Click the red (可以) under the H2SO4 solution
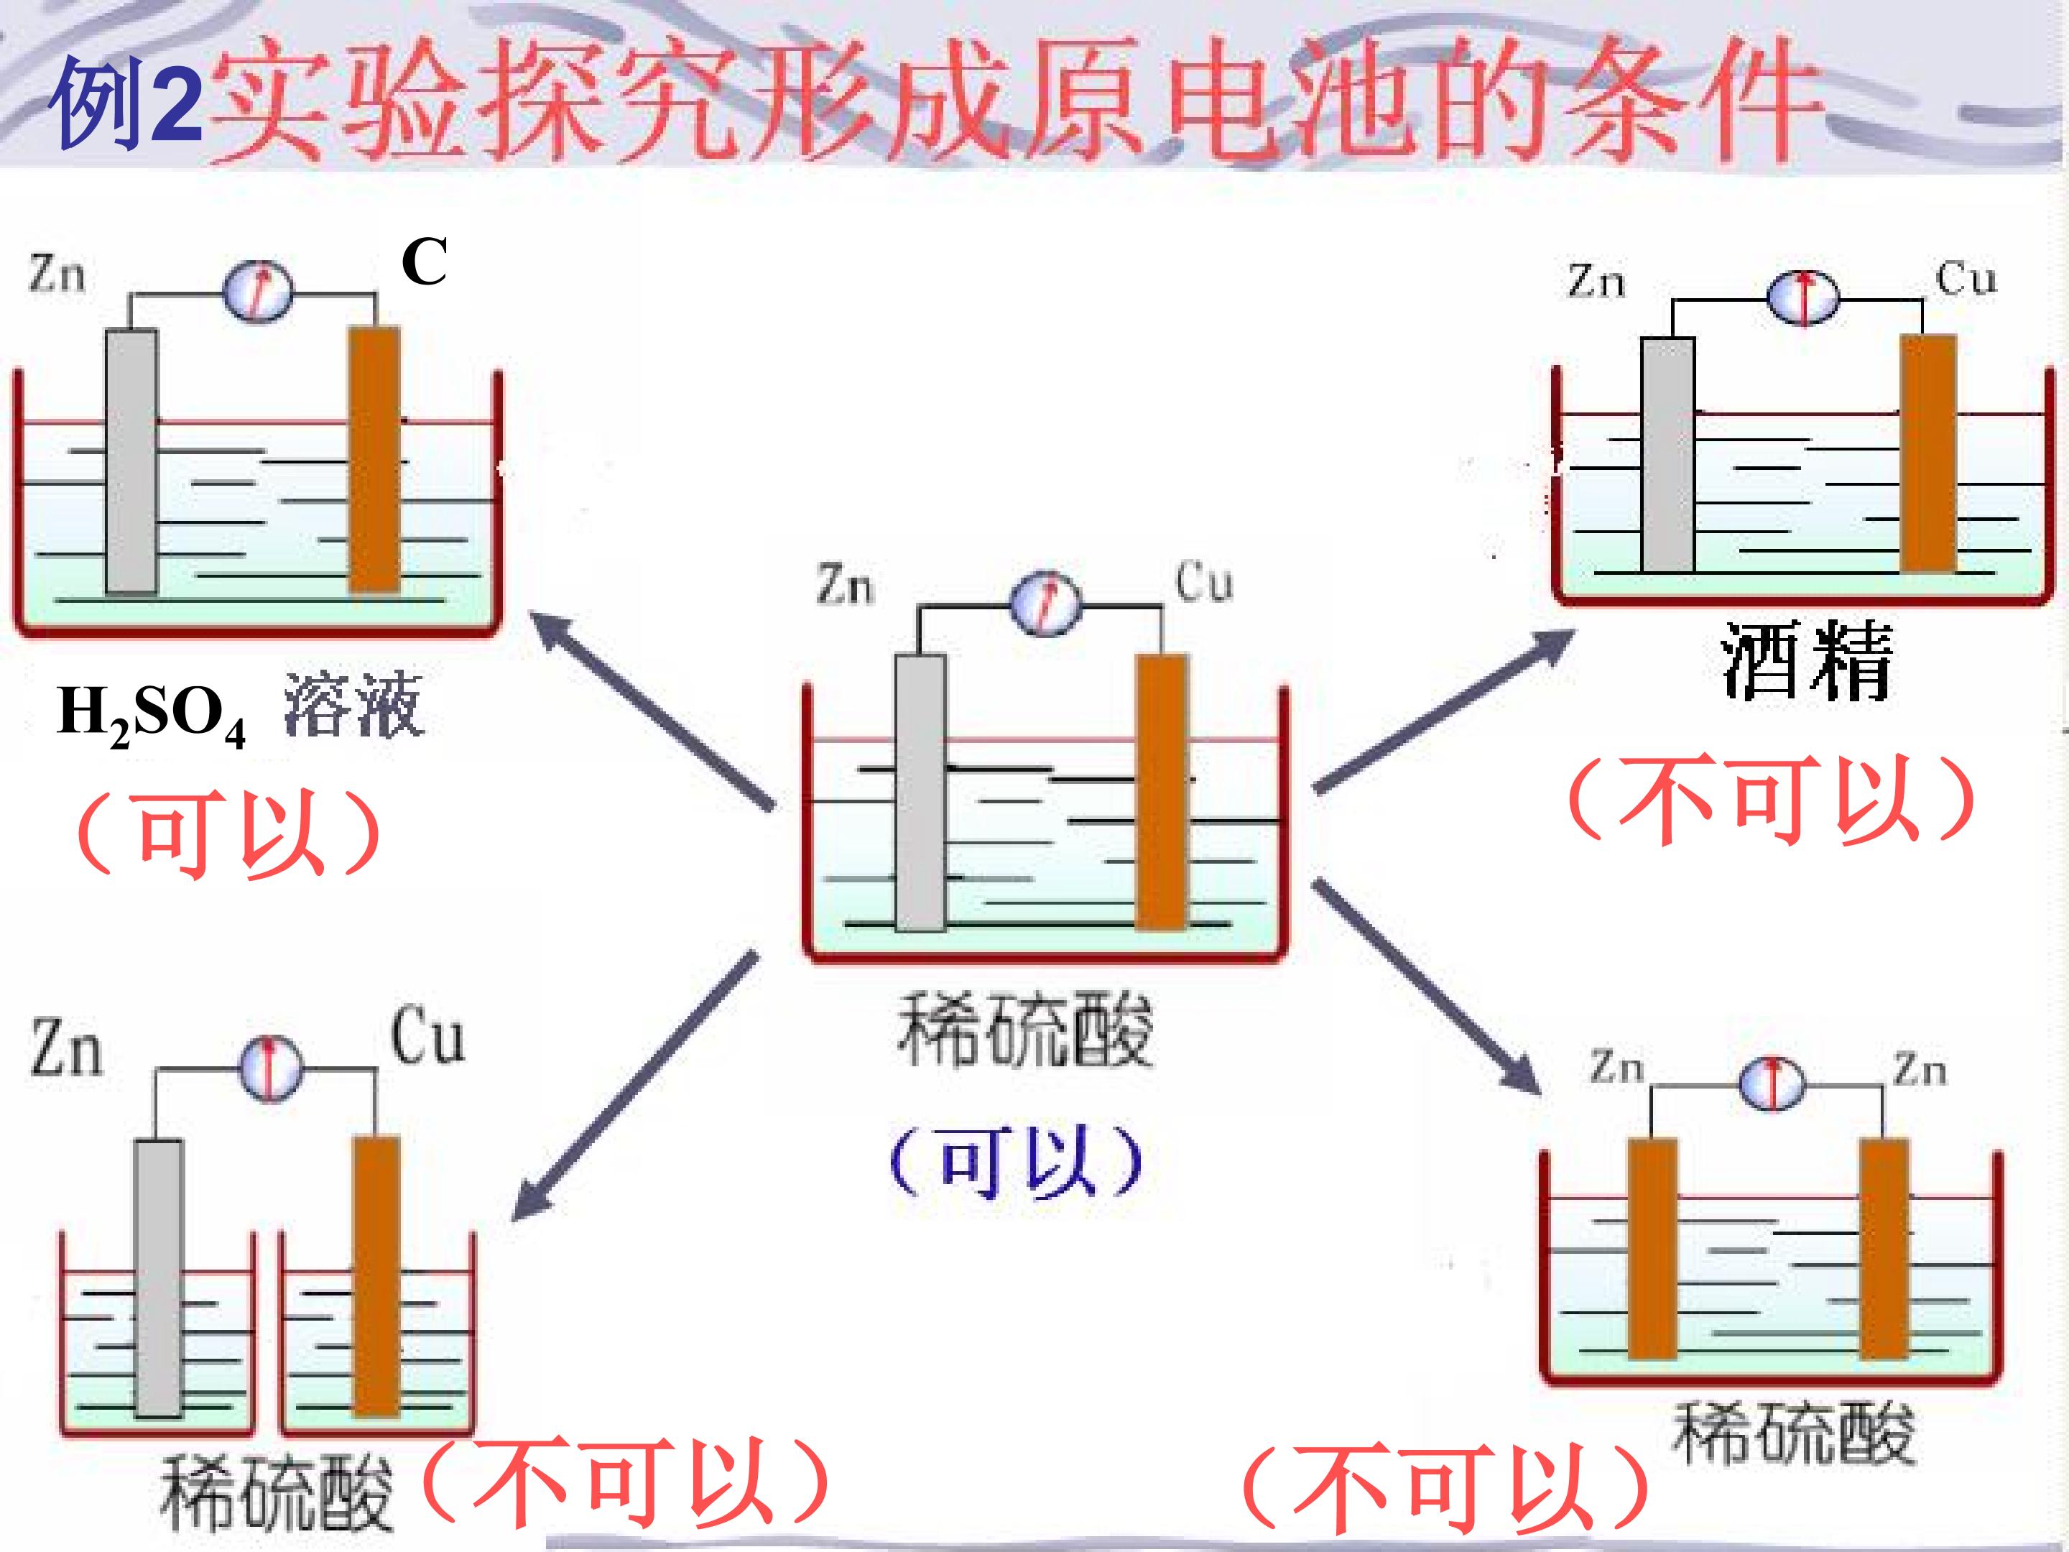pos(229,831)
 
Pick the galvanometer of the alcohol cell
pos(1802,298)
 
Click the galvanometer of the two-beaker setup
pos(272,1068)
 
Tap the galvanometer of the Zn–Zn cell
pos(1772,1084)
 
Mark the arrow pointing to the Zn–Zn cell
pos(1427,985)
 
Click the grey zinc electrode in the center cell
pos(920,793)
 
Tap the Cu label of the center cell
pos(1204,582)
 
